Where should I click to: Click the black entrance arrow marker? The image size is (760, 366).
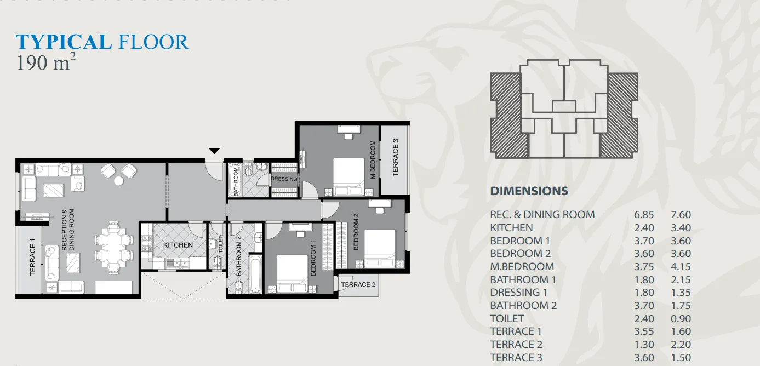(214, 151)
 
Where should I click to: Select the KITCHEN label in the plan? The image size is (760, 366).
(178, 245)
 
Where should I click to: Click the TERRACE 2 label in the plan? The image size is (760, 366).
(358, 284)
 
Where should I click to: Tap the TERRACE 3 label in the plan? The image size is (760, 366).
(395, 157)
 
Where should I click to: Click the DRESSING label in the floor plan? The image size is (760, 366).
(284, 179)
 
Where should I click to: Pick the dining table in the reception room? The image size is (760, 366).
(114, 247)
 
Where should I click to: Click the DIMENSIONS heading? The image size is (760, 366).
(529, 191)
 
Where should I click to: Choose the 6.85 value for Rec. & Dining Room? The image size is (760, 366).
(644, 215)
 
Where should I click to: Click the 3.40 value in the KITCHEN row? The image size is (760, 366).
(681, 228)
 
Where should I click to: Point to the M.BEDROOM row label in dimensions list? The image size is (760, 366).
(522, 267)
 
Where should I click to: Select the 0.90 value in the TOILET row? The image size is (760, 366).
(681, 319)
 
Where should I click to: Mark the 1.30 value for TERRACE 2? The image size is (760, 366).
(644, 345)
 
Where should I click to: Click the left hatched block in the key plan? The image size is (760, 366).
(509, 115)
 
